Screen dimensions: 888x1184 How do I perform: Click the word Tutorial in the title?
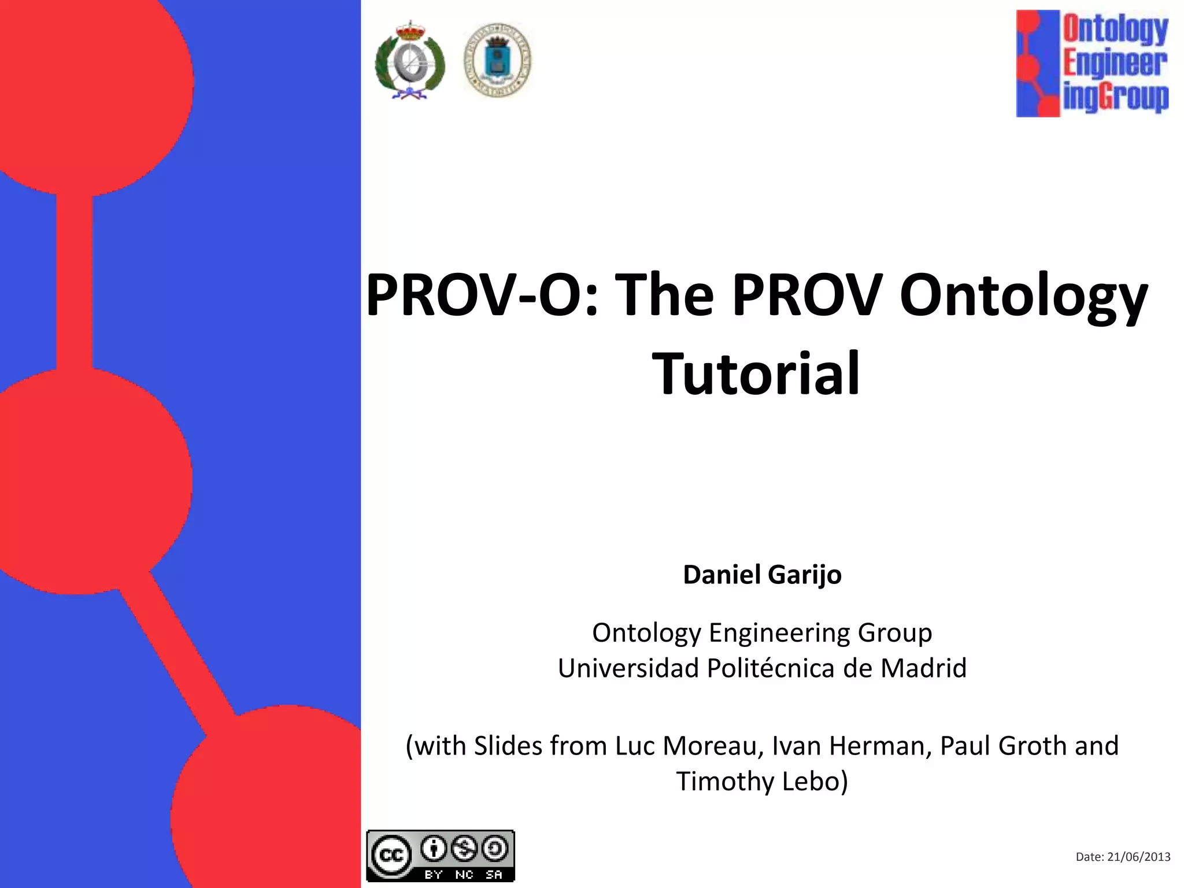click(x=756, y=374)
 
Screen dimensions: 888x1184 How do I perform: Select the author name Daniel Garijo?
click(x=762, y=575)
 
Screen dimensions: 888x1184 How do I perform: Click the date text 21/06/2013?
click(x=1138, y=857)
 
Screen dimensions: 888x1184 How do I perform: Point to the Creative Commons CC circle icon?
click(x=391, y=855)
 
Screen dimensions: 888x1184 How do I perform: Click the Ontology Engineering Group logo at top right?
click(x=1092, y=64)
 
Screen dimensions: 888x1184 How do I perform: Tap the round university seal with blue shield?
click(x=497, y=60)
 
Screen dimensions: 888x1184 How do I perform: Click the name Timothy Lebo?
click(x=762, y=781)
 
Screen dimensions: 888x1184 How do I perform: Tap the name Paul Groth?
click(x=1003, y=746)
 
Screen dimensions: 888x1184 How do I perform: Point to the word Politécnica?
click(x=771, y=668)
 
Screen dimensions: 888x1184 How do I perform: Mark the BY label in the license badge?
click(x=434, y=875)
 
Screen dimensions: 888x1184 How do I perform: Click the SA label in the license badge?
click(x=494, y=875)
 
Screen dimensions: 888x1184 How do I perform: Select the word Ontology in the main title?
click(x=1023, y=296)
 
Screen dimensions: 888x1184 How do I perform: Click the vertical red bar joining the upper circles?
click(x=74, y=282)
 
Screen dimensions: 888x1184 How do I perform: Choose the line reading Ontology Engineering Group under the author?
click(x=762, y=633)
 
